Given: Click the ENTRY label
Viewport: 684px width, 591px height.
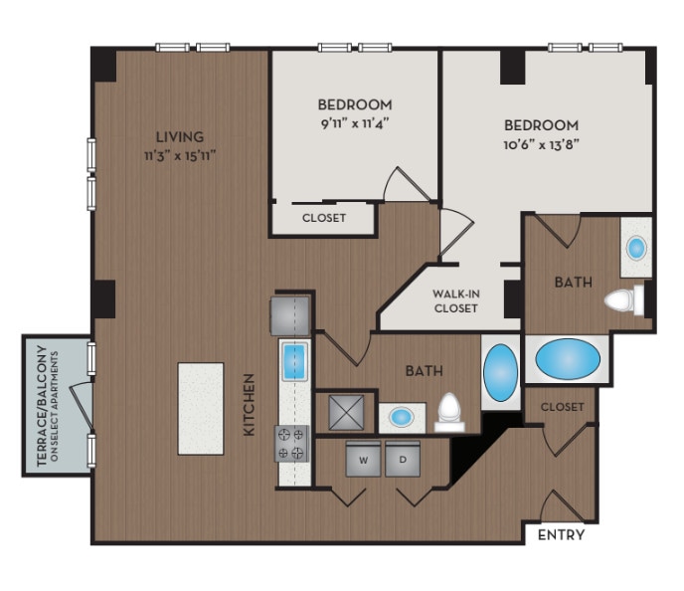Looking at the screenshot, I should point(561,535).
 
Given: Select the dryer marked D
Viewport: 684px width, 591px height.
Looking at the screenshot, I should point(403,460).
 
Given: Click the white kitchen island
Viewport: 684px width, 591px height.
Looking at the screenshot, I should point(200,408).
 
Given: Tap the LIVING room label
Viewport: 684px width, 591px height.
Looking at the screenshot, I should point(179,136).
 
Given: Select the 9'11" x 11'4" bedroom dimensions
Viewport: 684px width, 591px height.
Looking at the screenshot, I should point(355,124).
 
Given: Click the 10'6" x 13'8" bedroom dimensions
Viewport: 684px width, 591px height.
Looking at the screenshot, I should point(541,144).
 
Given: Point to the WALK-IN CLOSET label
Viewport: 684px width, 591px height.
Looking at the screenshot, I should point(455,300).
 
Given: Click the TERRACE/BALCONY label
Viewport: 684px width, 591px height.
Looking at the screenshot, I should point(42,405).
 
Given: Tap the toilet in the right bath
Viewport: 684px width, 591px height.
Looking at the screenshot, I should point(625,299).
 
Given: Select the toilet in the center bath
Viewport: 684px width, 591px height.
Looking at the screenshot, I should point(450,410).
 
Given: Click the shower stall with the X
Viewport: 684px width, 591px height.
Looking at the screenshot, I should point(344,410).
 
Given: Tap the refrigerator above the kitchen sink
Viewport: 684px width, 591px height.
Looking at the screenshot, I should point(290,314).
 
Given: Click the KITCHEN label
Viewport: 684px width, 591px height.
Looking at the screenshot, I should point(251,405).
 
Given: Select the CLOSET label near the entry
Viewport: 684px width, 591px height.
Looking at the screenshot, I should point(561,407).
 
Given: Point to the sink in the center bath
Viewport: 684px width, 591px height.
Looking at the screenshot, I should point(402,416).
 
